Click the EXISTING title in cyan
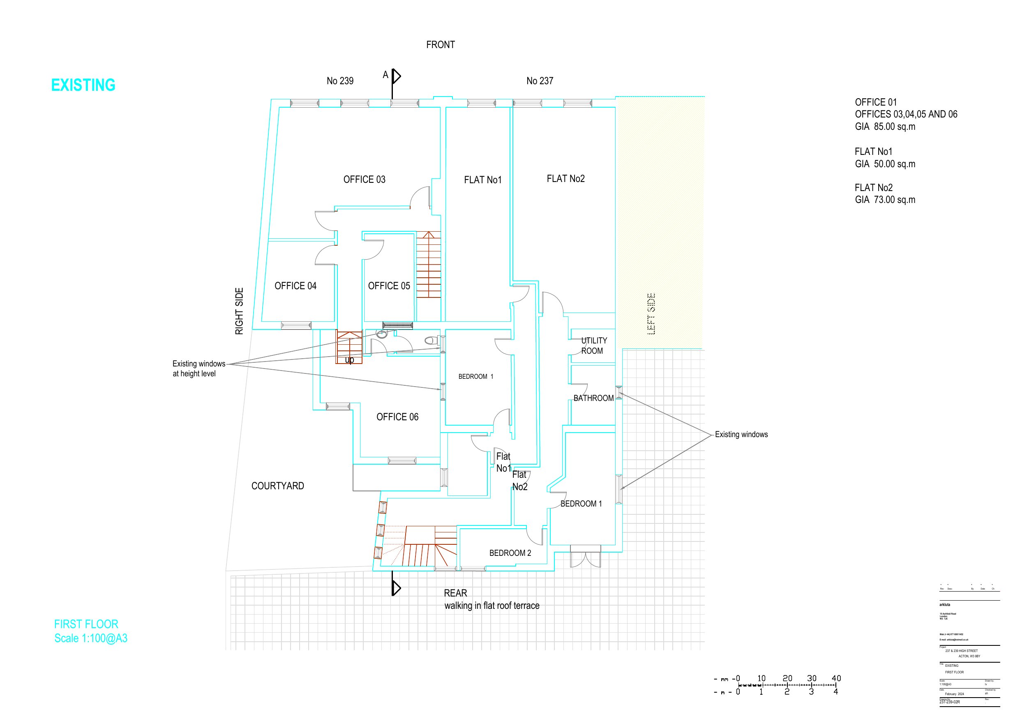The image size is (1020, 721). coord(83,85)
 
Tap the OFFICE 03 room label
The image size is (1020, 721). coord(364,180)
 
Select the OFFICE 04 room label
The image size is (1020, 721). coord(295,286)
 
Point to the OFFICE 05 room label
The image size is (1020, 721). coord(389,286)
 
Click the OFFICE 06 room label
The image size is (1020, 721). coord(397,417)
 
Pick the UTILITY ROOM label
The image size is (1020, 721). coord(593,346)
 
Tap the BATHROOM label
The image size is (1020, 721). coord(593,398)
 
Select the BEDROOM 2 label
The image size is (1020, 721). coord(510,553)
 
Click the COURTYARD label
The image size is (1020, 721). coord(278,486)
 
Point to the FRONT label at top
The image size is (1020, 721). coord(440,45)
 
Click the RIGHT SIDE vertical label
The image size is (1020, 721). coord(240,311)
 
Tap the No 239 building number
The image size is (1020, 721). coord(340,81)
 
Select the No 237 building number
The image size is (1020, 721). coord(540,81)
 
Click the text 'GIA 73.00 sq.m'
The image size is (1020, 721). coord(885,200)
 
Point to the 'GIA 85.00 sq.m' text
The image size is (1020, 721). coord(885,127)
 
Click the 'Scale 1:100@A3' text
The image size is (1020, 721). coord(91,638)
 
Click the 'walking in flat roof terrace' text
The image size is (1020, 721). coord(492,606)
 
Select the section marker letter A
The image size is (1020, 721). coord(385,75)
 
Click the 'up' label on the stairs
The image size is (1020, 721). coord(350,359)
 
